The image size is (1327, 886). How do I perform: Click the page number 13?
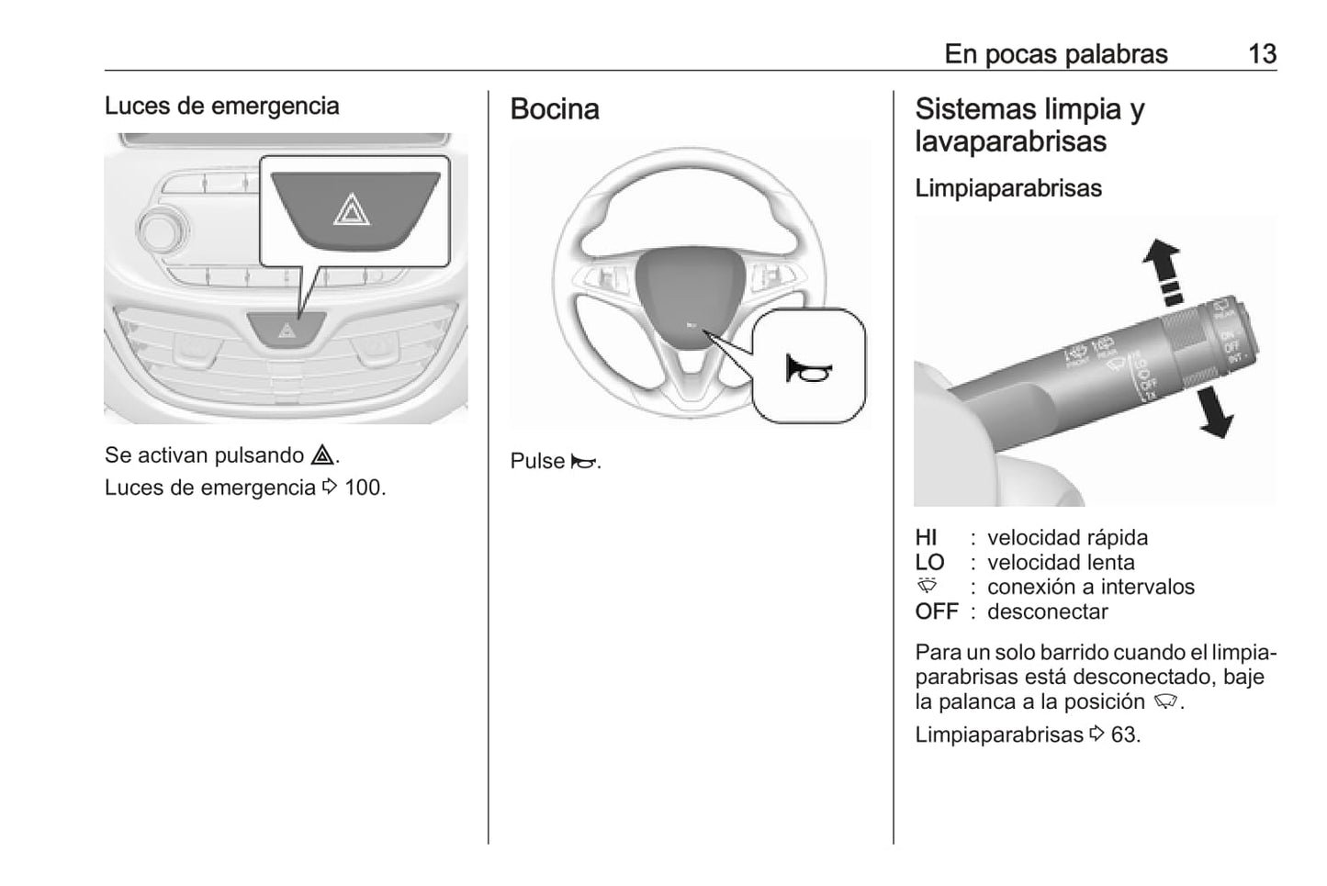tap(1262, 54)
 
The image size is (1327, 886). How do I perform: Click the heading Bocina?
tap(555, 109)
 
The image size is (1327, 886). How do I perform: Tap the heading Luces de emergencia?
tap(221, 106)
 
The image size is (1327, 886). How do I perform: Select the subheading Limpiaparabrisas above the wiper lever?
tap(1007, 188)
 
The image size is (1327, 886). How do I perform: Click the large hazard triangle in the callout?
tap(352, 211)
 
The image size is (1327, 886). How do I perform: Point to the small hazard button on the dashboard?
tap(287, 329)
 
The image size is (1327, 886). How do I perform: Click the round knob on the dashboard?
tap(161, 228)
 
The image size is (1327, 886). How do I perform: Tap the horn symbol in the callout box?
tap(808, 369)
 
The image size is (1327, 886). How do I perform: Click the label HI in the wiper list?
tap(926, 538)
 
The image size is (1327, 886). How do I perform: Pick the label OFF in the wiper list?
tap(936, 612)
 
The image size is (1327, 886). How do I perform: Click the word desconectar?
tap(1047, 612)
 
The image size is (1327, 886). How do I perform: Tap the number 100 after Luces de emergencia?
tap(364, 488)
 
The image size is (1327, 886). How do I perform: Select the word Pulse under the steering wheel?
tap(536, 461)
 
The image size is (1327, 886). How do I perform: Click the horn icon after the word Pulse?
tap(583, 462)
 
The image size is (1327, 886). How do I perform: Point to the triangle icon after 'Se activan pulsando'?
tap(321, 454)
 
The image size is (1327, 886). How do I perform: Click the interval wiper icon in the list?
tap(928, 586)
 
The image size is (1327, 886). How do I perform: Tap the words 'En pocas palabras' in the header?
tap(1055, 54)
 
